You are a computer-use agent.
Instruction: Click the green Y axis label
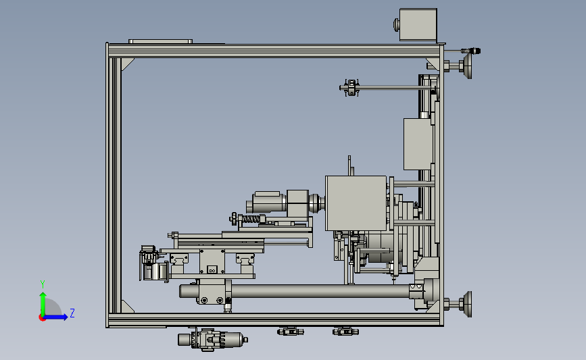[x=43, y=284]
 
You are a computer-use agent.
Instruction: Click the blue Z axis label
[x=72, y=313]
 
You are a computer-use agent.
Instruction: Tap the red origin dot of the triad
[x=42, y=318]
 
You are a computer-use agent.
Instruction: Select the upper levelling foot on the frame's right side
[x=458, y=66]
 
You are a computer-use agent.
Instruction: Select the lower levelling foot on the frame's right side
[x=458, y=305]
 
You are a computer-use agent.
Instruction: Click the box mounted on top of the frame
[x=418, y=24]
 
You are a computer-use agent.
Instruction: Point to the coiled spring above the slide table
[x=251, y=219]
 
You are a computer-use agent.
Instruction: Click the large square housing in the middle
[x=356, y=203]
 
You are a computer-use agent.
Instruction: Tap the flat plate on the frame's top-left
[x=161, y=41]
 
